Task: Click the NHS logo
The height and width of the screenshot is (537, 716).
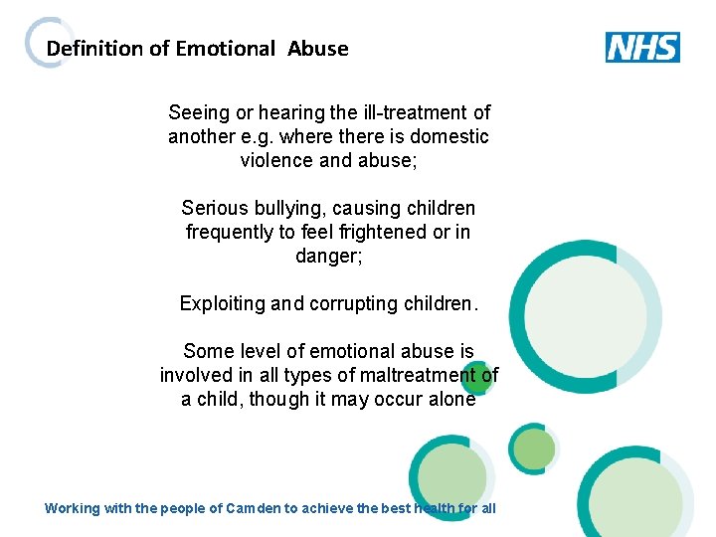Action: tap(642, 48)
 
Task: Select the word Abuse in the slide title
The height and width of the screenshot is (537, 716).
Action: tap(318, 49)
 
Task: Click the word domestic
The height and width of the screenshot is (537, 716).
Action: tap(449, 136)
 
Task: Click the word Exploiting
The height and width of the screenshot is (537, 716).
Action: tap(222, 303)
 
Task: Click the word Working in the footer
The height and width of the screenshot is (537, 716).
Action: tap(73, 508)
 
